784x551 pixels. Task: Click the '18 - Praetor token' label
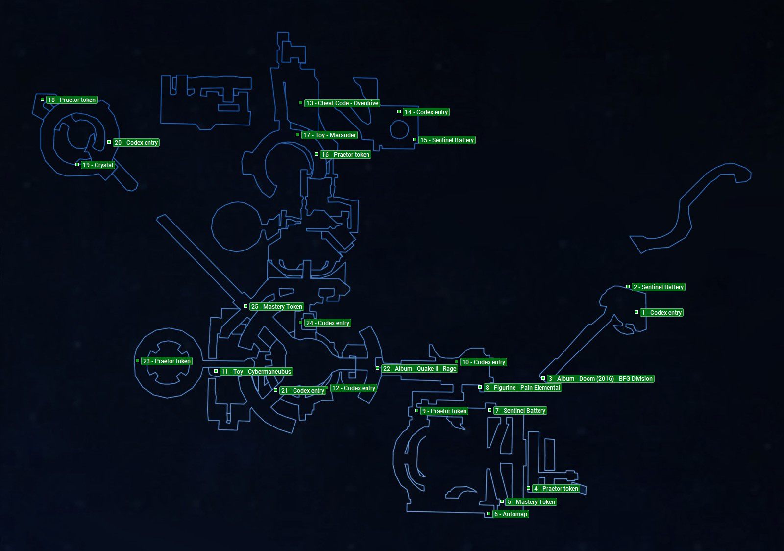coord(72,100)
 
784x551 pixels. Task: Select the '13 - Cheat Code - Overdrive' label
coord(342,103)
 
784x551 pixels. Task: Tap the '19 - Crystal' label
coord(98,165)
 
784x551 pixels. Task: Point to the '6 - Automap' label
coord(511,514)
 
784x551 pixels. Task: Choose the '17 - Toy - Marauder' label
coord(329,135)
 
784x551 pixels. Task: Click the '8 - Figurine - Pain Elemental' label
coord(522,388)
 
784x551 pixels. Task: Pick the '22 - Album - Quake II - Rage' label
coord(419,369)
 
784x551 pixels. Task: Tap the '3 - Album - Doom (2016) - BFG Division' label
coord(600,379)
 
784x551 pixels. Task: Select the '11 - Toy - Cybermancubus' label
coord(256,372)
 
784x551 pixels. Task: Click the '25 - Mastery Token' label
coord(276,307)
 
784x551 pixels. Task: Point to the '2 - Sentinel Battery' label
coord(658,287)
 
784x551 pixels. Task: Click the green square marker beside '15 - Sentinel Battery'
coord(415,140)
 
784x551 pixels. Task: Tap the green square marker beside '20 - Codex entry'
coord(109,142)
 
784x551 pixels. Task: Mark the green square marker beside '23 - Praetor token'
coord(137,361)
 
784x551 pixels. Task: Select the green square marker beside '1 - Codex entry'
coord(636,312)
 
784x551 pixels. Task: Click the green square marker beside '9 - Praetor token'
coord(416,411)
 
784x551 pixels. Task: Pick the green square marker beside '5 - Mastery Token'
coord(502,501)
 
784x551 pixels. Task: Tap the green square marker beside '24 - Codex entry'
coord(300,323)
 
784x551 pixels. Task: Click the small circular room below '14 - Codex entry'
coord(399,129)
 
